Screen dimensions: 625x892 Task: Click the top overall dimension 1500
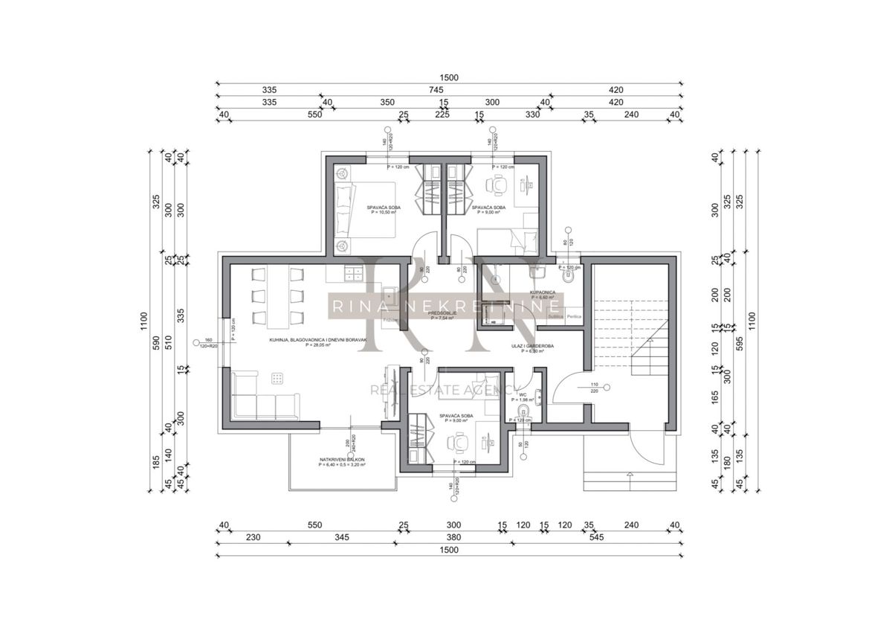pyautogui.click(x=449, y=77)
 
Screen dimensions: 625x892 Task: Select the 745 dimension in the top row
pyautogui.click(x=444, y=89)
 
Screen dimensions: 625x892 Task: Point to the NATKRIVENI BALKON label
pyautogui.click(x=343, y=461)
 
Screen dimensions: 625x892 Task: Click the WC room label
pyautogui.click(x=523, y=395)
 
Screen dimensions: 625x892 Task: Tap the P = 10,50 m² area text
pyautogui.click(x=384, y=212)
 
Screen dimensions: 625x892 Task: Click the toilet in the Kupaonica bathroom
pyautogui.click(x=569, y=278)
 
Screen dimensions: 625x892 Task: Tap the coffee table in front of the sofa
pyautogui.click(x=278, y=377)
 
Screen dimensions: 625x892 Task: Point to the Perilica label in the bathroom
pyautogui.click(x=573, y=317)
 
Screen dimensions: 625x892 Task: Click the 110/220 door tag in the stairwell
pyautogui.click(x=593, y=388)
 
